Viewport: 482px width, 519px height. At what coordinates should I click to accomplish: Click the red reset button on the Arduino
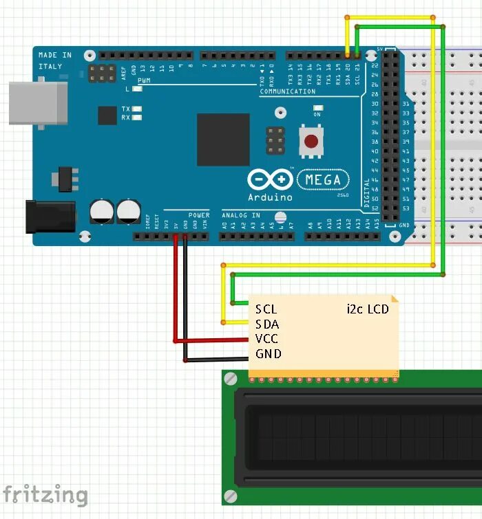pos(311,142)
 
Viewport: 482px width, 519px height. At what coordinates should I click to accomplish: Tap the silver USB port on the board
pos(38,103)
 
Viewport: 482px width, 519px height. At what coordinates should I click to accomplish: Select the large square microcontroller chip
pos(222,140)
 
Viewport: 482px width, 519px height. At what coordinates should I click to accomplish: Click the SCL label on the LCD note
pos(266,309)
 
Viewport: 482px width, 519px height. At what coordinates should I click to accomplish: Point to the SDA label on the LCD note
pos(267,324)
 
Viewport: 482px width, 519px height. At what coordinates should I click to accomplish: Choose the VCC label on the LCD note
pos(267,339)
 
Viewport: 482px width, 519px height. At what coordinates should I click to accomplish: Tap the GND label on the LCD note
pos(268,354)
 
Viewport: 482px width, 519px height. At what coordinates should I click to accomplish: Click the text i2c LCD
pos(368,309)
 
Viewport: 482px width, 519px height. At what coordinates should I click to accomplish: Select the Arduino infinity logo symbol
pos(270,180)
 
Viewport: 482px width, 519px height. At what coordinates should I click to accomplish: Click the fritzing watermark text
pos(45,496)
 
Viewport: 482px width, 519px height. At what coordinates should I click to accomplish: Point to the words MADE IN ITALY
pos(54,60)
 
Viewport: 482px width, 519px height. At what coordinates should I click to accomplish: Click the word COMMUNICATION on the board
pos(288,91)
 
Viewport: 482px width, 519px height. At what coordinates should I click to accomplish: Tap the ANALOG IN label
pos(241,215)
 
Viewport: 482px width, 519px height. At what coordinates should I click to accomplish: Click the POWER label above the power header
pos(199,215)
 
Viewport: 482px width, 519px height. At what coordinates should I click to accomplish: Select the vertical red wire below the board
pos(175,289)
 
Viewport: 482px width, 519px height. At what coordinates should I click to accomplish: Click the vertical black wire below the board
pos(185,296)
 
